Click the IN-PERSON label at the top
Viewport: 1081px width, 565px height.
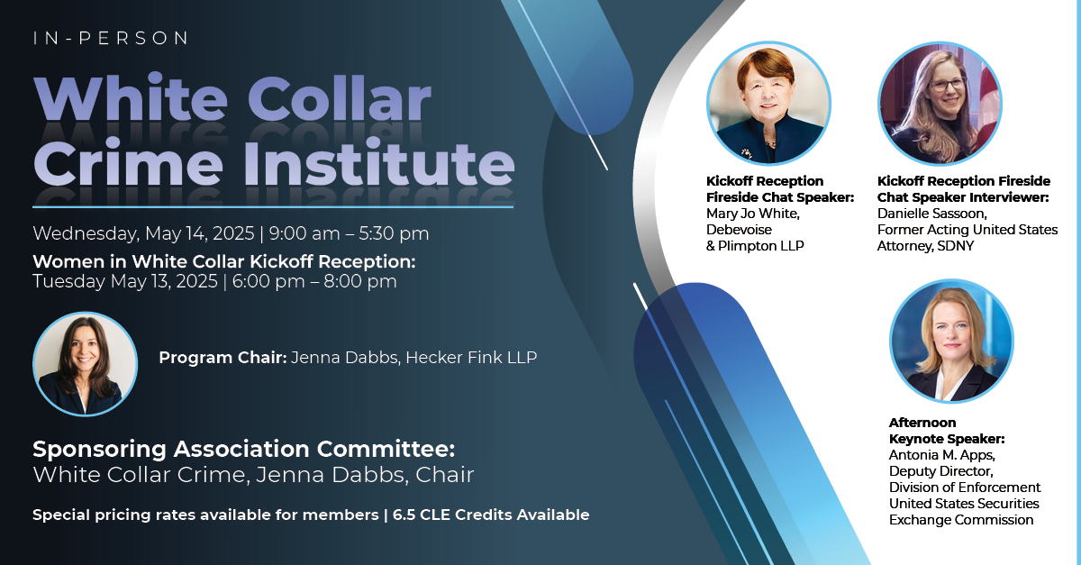tap(111, 38)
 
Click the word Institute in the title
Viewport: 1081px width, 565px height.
tap(379, 163)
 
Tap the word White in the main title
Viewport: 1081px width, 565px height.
tap(131, 98)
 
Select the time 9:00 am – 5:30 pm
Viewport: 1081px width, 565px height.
tap(349, 233)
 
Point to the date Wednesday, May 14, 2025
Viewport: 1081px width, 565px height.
tap(143, 234)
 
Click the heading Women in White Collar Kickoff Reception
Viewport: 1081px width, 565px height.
tap(224, 261)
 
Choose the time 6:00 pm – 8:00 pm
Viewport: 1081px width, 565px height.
tap(314, 281)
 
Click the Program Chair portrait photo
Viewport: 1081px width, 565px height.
tap(85, 364)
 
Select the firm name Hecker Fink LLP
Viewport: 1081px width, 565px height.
tap(471, 358)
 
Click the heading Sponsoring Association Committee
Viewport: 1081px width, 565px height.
tap(244, 449)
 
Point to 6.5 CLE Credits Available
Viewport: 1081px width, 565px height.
tap(491, 515)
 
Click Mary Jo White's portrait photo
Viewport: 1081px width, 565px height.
tap(768, 104)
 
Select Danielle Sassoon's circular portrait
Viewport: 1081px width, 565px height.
tap(940, 104)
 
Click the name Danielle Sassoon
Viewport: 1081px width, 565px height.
tap(931, 214)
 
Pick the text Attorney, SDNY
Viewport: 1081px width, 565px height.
tap(925, 246)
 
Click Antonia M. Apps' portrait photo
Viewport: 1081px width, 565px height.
tap(951, 341)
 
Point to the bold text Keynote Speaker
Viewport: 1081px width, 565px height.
tap(947, 439)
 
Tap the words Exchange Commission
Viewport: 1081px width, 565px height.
tap(961, 520)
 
